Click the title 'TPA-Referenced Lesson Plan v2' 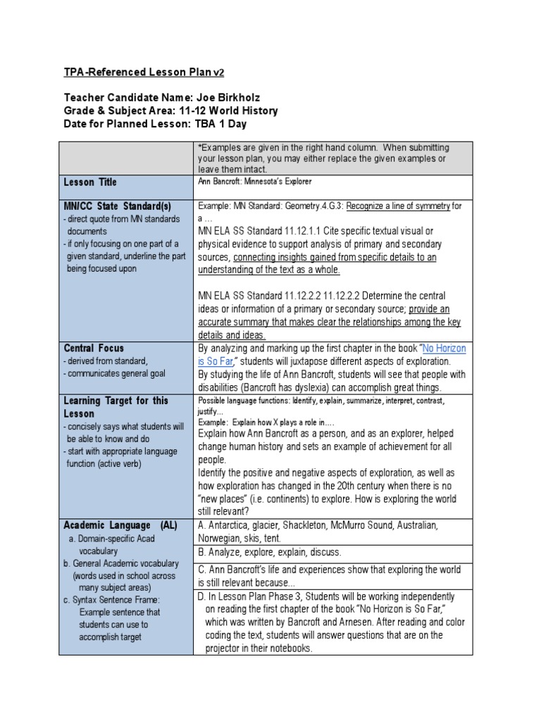click(144, 73)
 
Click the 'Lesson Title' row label click(90, 182)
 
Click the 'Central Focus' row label click(94, 348)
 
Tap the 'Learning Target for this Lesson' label click(116, 407)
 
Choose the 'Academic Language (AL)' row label click(120, 525)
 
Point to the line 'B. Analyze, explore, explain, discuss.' click(270, 552)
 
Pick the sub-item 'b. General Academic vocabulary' click(121, 563)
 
